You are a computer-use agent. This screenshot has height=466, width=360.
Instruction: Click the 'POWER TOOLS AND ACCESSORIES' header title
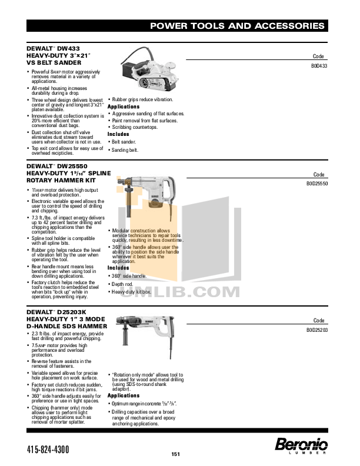(237, 26)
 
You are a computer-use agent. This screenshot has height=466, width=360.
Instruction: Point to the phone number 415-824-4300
(48, 450)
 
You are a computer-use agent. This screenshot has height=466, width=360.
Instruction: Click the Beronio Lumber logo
(301, 445)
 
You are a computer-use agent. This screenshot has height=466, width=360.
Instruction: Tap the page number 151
(175, 454)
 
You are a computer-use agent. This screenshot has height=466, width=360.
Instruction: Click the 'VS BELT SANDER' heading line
(54, 62)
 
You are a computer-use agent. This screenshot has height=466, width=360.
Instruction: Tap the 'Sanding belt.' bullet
(125, 150)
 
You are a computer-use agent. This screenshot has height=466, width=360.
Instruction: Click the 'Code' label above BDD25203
(319, 320)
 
